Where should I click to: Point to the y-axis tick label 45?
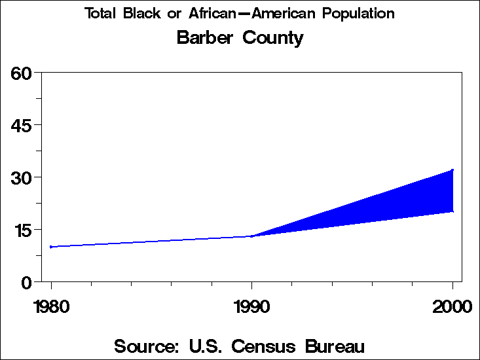22,124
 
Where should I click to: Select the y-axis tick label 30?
22,177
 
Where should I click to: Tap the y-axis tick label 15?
22,230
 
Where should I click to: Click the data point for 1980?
51,247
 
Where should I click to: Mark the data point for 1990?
251,236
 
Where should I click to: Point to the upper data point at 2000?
452,170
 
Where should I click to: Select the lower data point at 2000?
452,211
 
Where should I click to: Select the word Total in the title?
100,13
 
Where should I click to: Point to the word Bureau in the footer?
332,346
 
